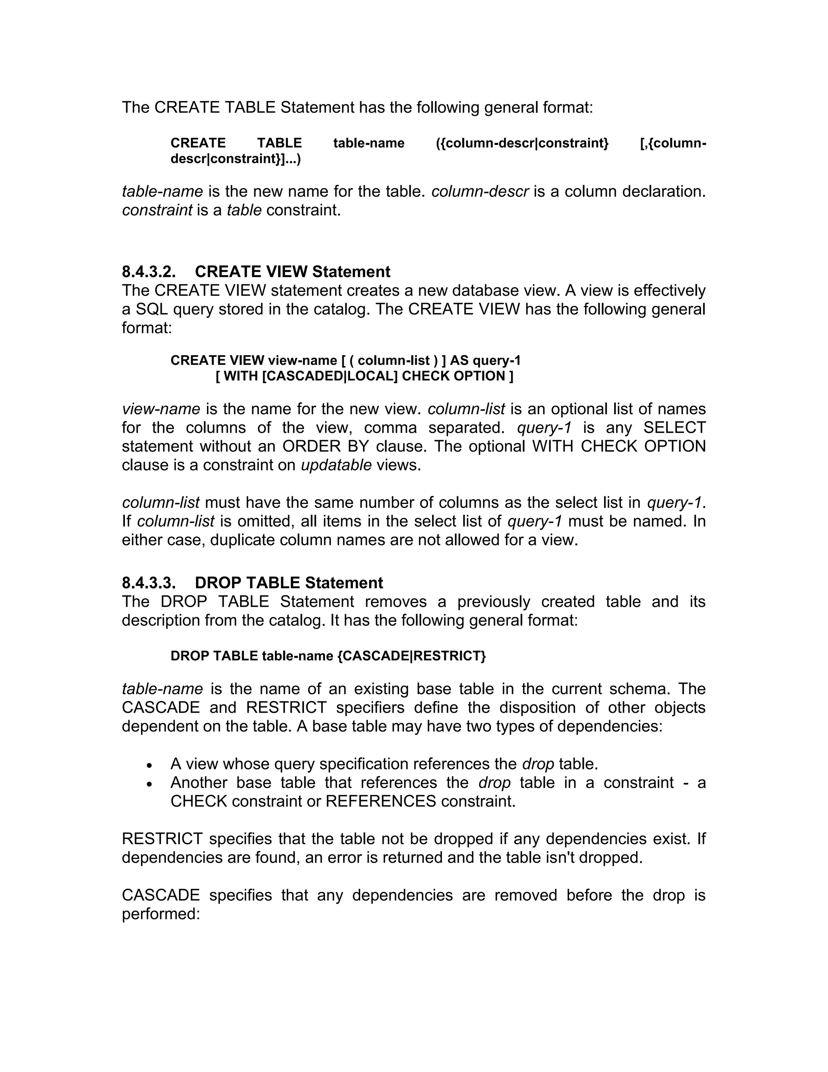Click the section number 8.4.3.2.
(x=149, y=271)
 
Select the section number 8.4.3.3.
(x=149, y=583)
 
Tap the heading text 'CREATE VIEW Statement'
(x=292, y=271)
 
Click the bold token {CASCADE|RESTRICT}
(x=412, y=656)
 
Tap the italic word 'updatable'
(x=336, y=465)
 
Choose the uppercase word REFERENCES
(x=380, y=801)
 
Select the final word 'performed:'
(x=161, y=914)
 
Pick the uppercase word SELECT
(x=674, y=428)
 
